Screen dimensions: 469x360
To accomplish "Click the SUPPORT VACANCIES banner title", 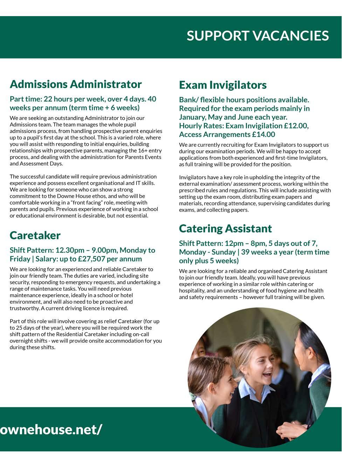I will pos(257,36).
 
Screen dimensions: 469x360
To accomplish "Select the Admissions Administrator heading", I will pos(76,84).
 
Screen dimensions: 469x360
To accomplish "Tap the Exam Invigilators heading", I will pos(223,85).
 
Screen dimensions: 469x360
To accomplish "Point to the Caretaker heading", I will pos(35,235).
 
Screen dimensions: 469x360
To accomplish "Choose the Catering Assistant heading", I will pos(225,228).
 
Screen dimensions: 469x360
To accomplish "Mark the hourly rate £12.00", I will pos(297,125).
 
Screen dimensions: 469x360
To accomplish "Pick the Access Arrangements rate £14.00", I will pos(263,135).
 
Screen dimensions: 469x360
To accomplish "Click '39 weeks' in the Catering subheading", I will pos(260,252).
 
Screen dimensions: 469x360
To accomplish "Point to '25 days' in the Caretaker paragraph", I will pos(25,328).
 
